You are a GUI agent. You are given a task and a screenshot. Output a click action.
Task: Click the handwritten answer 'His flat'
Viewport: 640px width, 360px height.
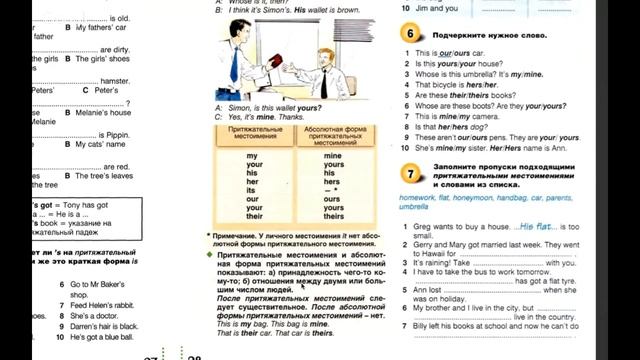(x=539, y=226)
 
